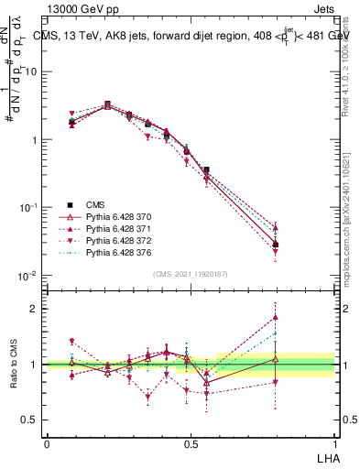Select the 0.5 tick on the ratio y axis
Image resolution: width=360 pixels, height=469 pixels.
(x=31, y=420)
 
